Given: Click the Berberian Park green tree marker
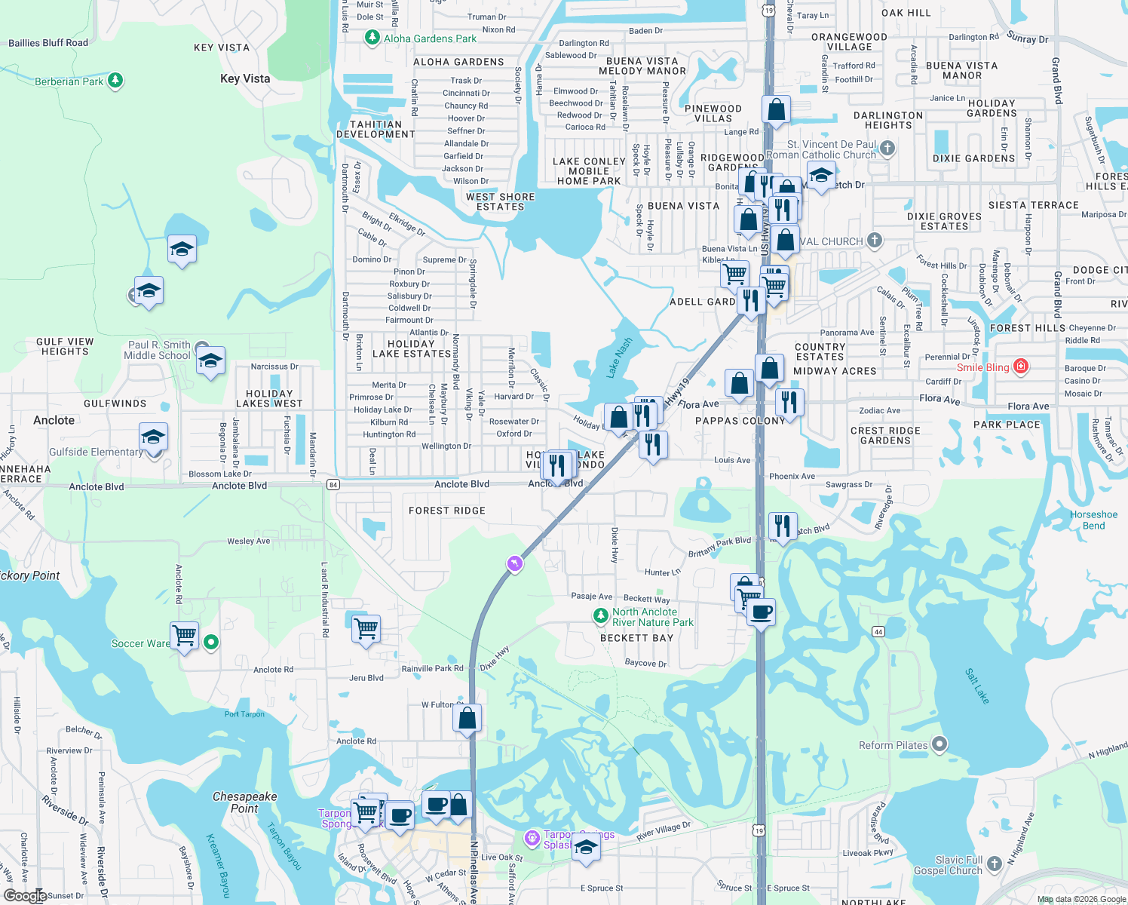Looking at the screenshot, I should click(x=115, y=80).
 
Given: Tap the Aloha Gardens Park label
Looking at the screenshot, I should click(x=430, y=38).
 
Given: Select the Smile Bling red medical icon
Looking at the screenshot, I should click(x=1021, y=367).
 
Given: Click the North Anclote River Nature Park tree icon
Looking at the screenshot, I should click(x=600, y=617).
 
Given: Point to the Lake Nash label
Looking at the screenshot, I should click(x=619, y=357).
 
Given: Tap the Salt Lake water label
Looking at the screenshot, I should click(x=976, y=686).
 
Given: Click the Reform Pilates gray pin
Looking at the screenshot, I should click(x=939, y=745).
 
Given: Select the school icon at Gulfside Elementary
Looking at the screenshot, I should click(x=153, y=437).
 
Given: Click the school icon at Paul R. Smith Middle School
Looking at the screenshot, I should click(x=210, y=360).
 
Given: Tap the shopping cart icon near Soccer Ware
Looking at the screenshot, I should click(x=185, y=634).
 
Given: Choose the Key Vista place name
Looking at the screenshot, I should click(x=245, y=78).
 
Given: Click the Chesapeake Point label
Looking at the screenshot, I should click(x=244, y=802).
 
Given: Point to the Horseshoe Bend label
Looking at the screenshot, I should click(x=1093, y=520).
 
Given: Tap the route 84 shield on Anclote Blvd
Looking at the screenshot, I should click(x=333, y=484).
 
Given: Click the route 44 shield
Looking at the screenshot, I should click(x=878, y=631).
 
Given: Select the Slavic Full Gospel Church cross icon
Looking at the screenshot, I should click(x=995, y=863).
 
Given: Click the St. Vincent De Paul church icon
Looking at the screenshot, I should click(x=887, y=148).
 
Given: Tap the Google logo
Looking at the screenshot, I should click(x=25, y=895).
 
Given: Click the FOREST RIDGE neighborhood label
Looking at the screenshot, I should click(x=447, y=511).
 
